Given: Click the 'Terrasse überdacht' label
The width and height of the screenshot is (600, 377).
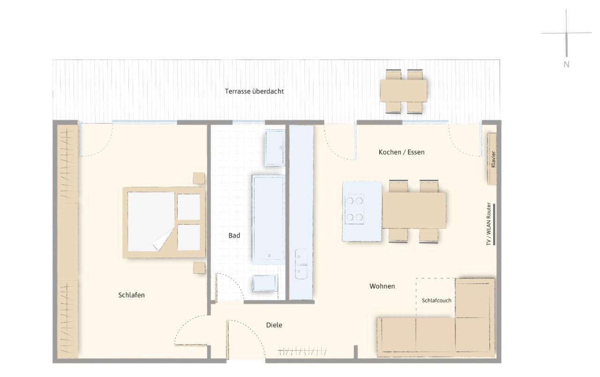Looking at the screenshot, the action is pyautogui.click(x=254, y=91).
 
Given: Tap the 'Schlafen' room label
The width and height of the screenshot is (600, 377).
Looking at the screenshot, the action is pyautogui.click(x=132, y=295).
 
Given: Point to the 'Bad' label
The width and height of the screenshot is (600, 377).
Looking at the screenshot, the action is pyautogui.click(x=234, y=235).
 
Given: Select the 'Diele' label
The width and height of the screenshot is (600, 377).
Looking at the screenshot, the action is pyautogui.click(x=274, y=325).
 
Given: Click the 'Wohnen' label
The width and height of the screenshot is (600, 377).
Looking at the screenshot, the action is pyautogui.click(x=382, y=286).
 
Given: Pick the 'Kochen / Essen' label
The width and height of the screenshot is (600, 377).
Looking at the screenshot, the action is pyautogui.click(x=402, y=152).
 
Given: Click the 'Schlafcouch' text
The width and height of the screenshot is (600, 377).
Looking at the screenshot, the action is pyautogui.click(x=436, y=301).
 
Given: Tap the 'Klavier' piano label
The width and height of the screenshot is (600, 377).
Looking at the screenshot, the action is pyautogui.click(x=493, y=160).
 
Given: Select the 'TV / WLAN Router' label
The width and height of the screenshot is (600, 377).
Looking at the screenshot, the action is pyautogui.click(x=489, y=224).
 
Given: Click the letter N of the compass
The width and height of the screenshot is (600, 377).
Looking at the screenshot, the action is pyautogui.click(x=567, y=64).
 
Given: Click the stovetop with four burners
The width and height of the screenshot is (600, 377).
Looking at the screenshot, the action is pyautogui.click(x=354, y=209).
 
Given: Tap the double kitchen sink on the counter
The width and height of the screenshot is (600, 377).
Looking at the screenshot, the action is pyautogui.click(x=301, y=264).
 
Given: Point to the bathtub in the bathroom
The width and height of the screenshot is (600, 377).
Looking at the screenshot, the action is pyautogui.click(x=269, y=220).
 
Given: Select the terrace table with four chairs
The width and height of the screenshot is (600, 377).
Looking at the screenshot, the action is pyautogui.click(x=404, y=91).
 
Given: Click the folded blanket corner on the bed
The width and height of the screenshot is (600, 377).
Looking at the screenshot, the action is pyautogui.click(x=164, y=239).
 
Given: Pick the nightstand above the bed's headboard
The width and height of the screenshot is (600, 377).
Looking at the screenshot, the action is pyautogui.click(x=199, y=178).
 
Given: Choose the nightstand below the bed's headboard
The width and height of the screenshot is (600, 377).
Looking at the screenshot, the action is pyautogui.click(x=199, y=267).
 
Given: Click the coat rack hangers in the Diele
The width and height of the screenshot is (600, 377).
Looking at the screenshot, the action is pyautogui.click(x=302, y=351).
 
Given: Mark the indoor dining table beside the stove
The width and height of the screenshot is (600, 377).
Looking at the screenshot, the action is pyautogui.click(x=414, y=211).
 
